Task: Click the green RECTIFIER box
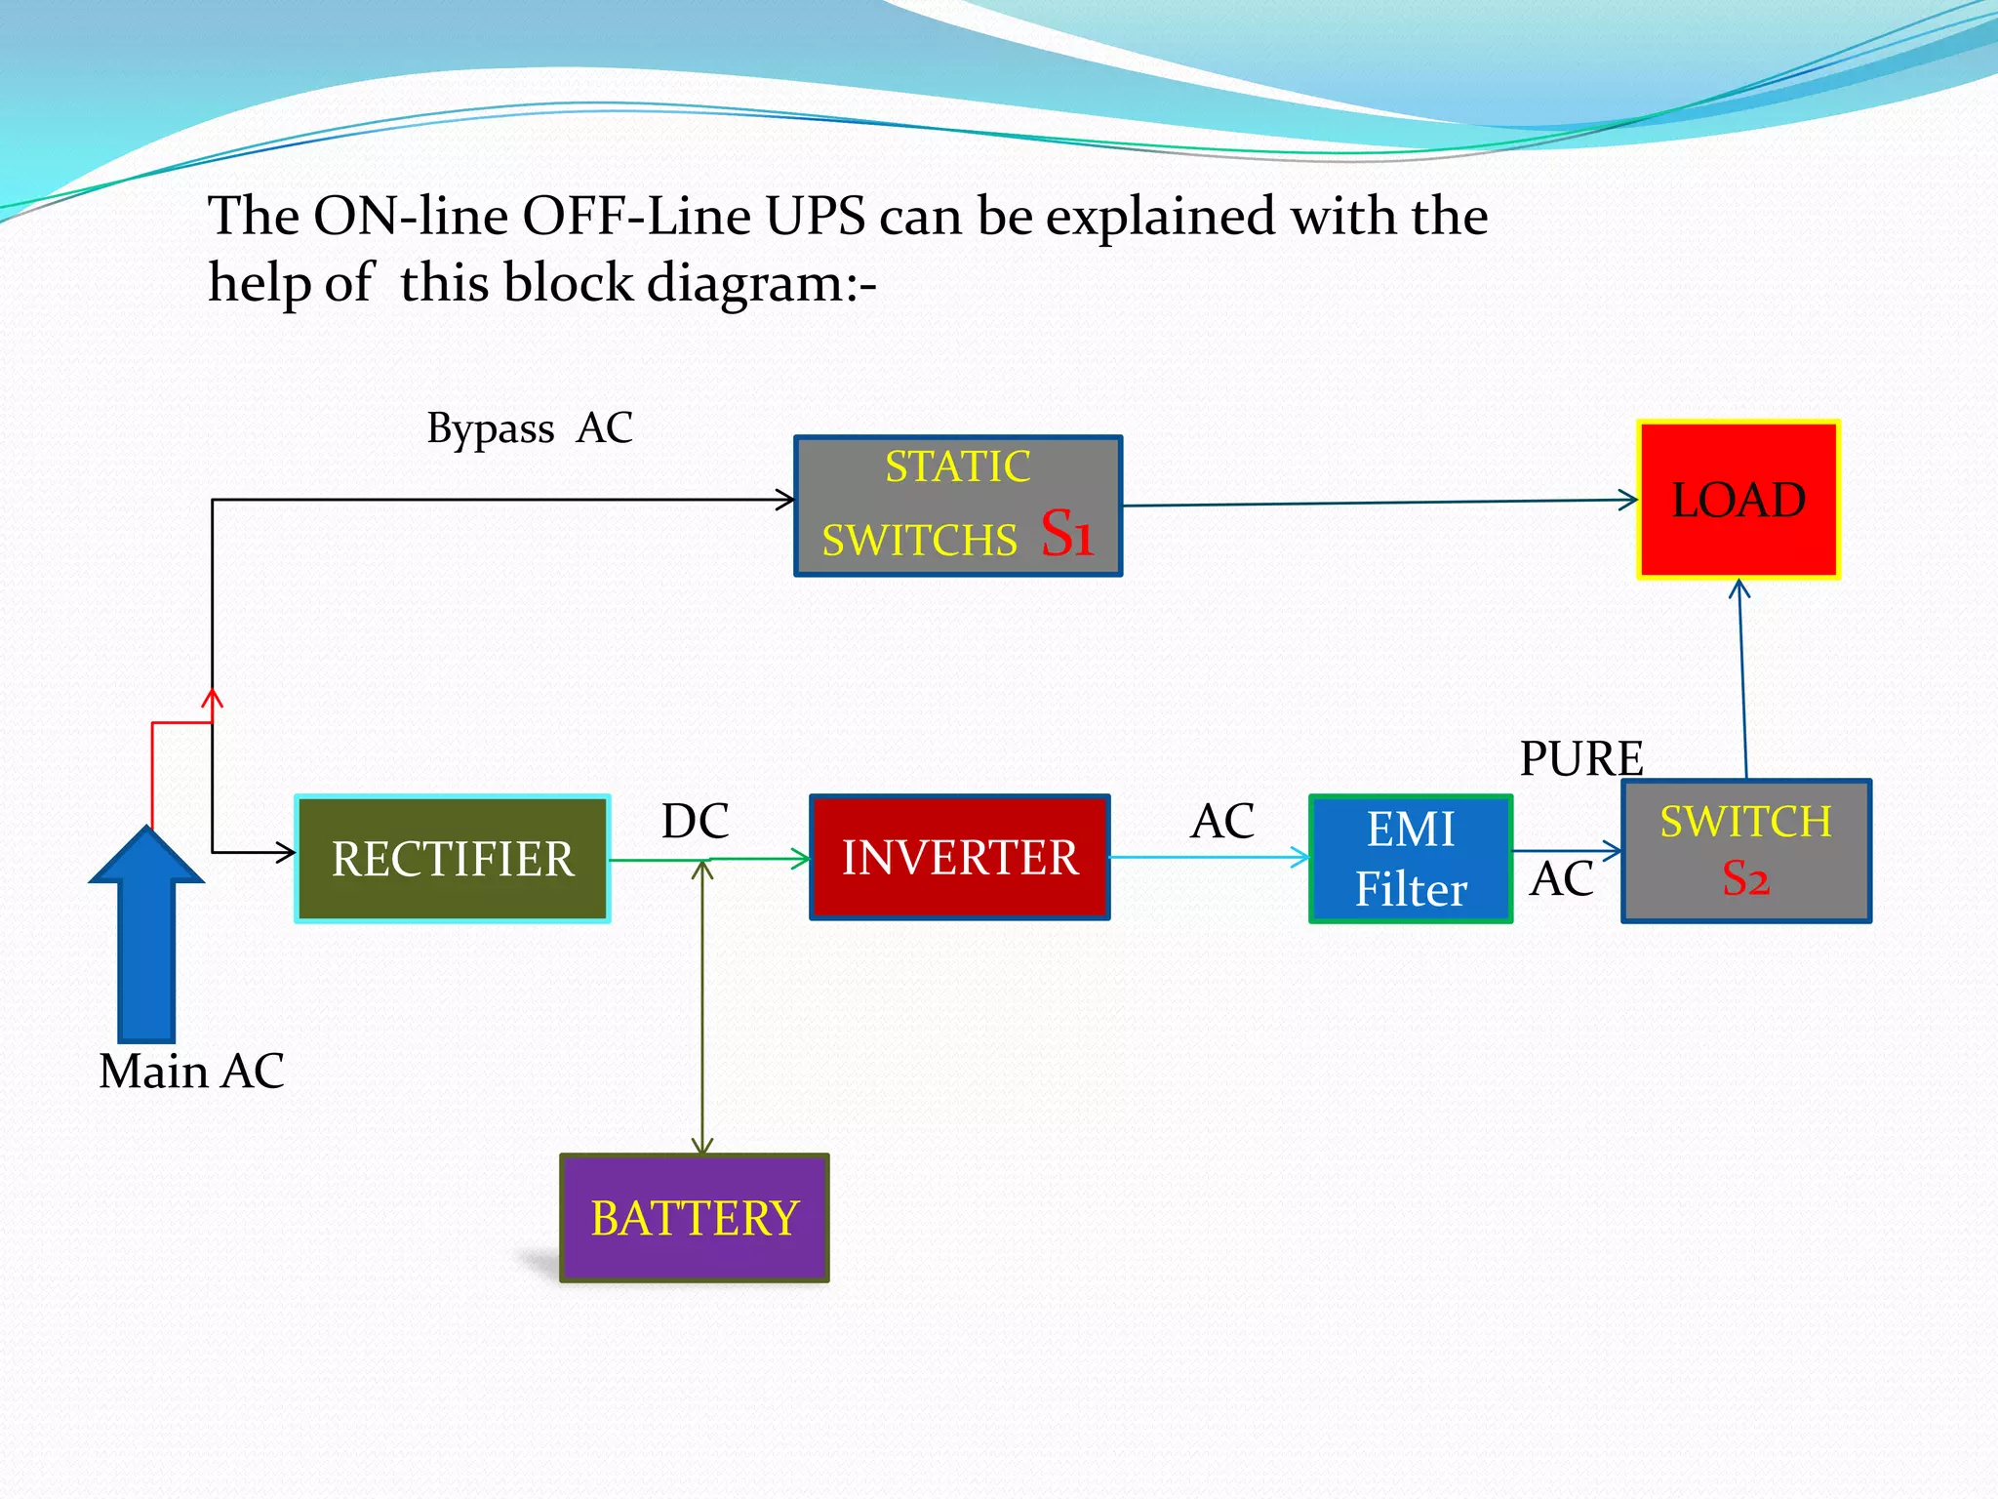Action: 453,859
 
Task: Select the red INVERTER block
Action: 960,858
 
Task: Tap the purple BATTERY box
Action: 695,1218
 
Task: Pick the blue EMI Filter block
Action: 1411,859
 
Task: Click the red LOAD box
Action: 1738,500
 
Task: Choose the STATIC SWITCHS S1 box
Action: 958,506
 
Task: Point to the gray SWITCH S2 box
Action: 1746,851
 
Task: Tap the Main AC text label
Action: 191,1072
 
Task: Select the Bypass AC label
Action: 530,428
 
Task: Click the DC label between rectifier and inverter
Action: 695,821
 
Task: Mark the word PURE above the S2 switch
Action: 1581,758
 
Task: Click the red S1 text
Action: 1066,534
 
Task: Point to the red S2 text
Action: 1745,878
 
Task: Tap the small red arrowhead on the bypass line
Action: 213,698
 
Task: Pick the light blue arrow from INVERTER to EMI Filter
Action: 1210,858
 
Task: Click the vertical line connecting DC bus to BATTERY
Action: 702,1005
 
